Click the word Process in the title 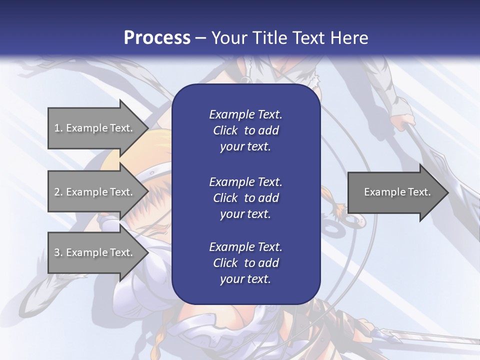(157, 38)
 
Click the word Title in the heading (270, 38)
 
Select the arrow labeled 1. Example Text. (95, 128)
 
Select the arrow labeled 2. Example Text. (95, 192)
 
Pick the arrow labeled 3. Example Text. (95, 252)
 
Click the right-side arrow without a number (395, 192)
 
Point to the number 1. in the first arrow (58, 128)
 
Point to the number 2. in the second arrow (58, 192)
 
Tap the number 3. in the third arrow (58, 252)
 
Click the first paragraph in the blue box (245, 130)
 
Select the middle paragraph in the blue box (245, 198)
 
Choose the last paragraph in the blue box (245, 263)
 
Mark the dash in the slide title (200, 38)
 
